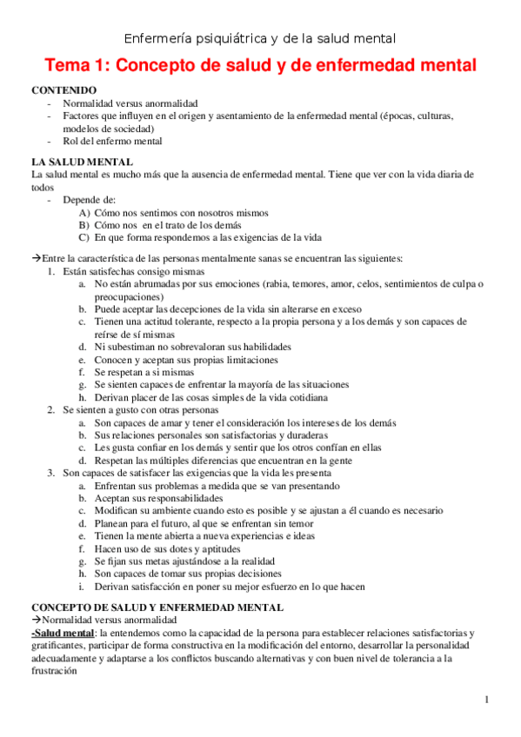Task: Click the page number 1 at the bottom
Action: click(x=487, y=700)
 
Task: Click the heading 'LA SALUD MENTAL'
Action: click(x=82, y=162)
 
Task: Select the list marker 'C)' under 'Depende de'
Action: click(x=83, y=236)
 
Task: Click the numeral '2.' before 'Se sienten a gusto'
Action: click(x=52, y=408)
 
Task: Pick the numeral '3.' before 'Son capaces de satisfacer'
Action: click(x=52, y=473)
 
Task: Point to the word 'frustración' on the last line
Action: click(x=57, y=672)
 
